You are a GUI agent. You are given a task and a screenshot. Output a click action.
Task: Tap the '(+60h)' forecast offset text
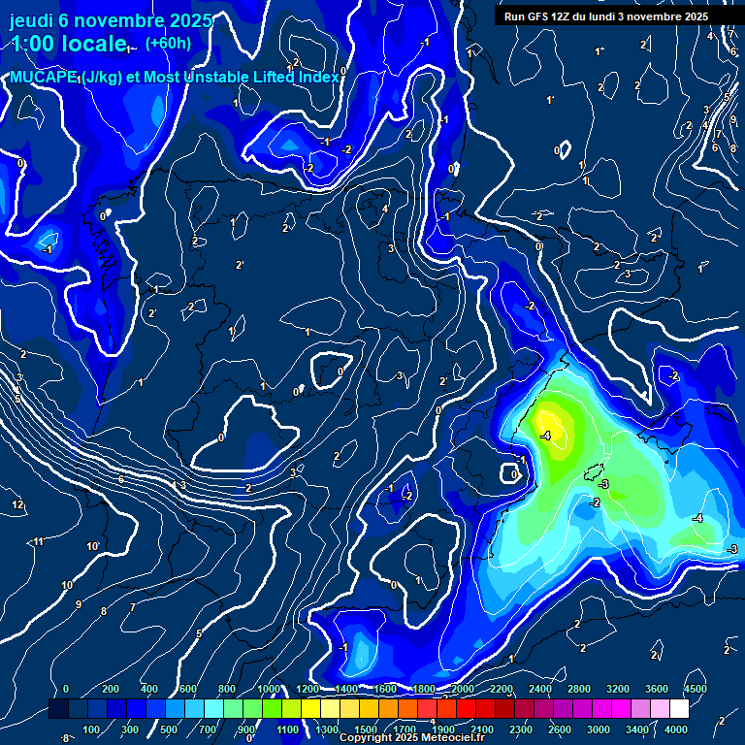168,42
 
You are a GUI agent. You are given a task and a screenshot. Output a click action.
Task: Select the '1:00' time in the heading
33,44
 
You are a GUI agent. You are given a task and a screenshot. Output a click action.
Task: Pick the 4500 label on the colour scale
695,689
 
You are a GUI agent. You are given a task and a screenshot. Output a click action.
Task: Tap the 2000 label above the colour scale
462,689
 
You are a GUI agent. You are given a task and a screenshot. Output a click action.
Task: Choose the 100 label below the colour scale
92,729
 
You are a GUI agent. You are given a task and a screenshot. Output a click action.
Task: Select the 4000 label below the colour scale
676,729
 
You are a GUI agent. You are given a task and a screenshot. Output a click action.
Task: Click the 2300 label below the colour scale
520,729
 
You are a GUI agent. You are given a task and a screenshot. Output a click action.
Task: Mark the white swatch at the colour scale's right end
705,710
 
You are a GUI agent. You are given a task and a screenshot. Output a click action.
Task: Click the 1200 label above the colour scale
307,689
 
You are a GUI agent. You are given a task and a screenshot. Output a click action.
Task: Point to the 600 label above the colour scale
188,689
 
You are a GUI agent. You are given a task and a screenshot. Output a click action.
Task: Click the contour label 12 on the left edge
17,505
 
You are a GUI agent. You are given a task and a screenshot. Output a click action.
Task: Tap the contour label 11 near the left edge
39,541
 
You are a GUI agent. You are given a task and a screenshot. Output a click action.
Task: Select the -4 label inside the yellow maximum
546,436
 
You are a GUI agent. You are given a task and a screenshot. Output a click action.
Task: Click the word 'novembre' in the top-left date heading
115,20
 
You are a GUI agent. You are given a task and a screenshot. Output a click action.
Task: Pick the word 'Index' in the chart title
319,77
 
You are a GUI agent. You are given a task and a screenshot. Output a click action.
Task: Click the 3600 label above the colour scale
656,689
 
